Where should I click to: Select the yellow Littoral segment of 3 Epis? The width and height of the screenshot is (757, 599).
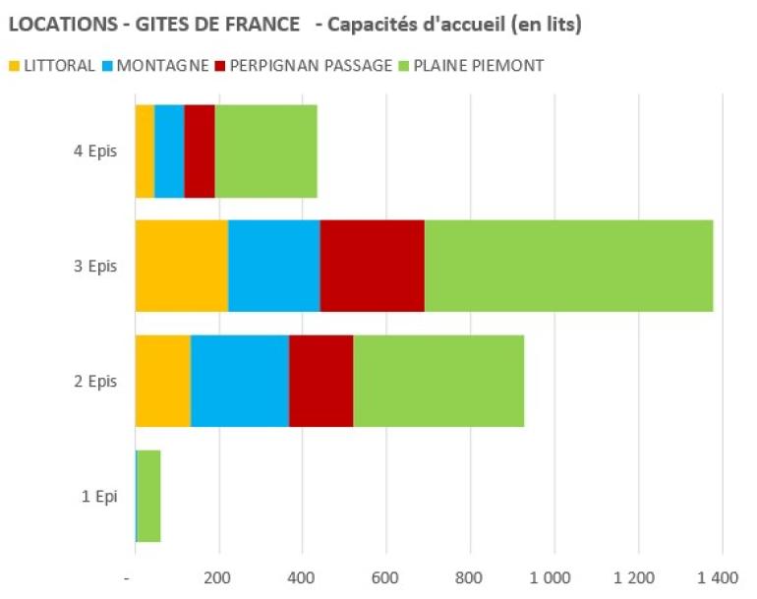click(181, 266)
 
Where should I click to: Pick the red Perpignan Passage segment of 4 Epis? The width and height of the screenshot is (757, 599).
click(200, 150)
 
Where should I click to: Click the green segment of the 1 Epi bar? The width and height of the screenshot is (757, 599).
click(148, 496)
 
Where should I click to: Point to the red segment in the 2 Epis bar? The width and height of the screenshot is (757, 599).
click(320, 381)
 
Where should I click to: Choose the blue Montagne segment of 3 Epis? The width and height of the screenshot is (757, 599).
click(274, 266)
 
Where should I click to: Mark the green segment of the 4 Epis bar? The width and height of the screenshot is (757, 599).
click(265, 150)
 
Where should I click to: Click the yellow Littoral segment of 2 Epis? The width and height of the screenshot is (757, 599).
click(162, 381)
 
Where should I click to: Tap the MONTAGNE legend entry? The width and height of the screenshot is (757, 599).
click(161, 66)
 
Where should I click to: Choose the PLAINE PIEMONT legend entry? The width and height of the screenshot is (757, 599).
click(481, 66)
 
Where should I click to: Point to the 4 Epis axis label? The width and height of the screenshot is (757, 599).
click(97, 151)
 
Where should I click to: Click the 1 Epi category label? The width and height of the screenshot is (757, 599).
click(99, 497)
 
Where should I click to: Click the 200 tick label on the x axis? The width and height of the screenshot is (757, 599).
click(218, 576)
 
